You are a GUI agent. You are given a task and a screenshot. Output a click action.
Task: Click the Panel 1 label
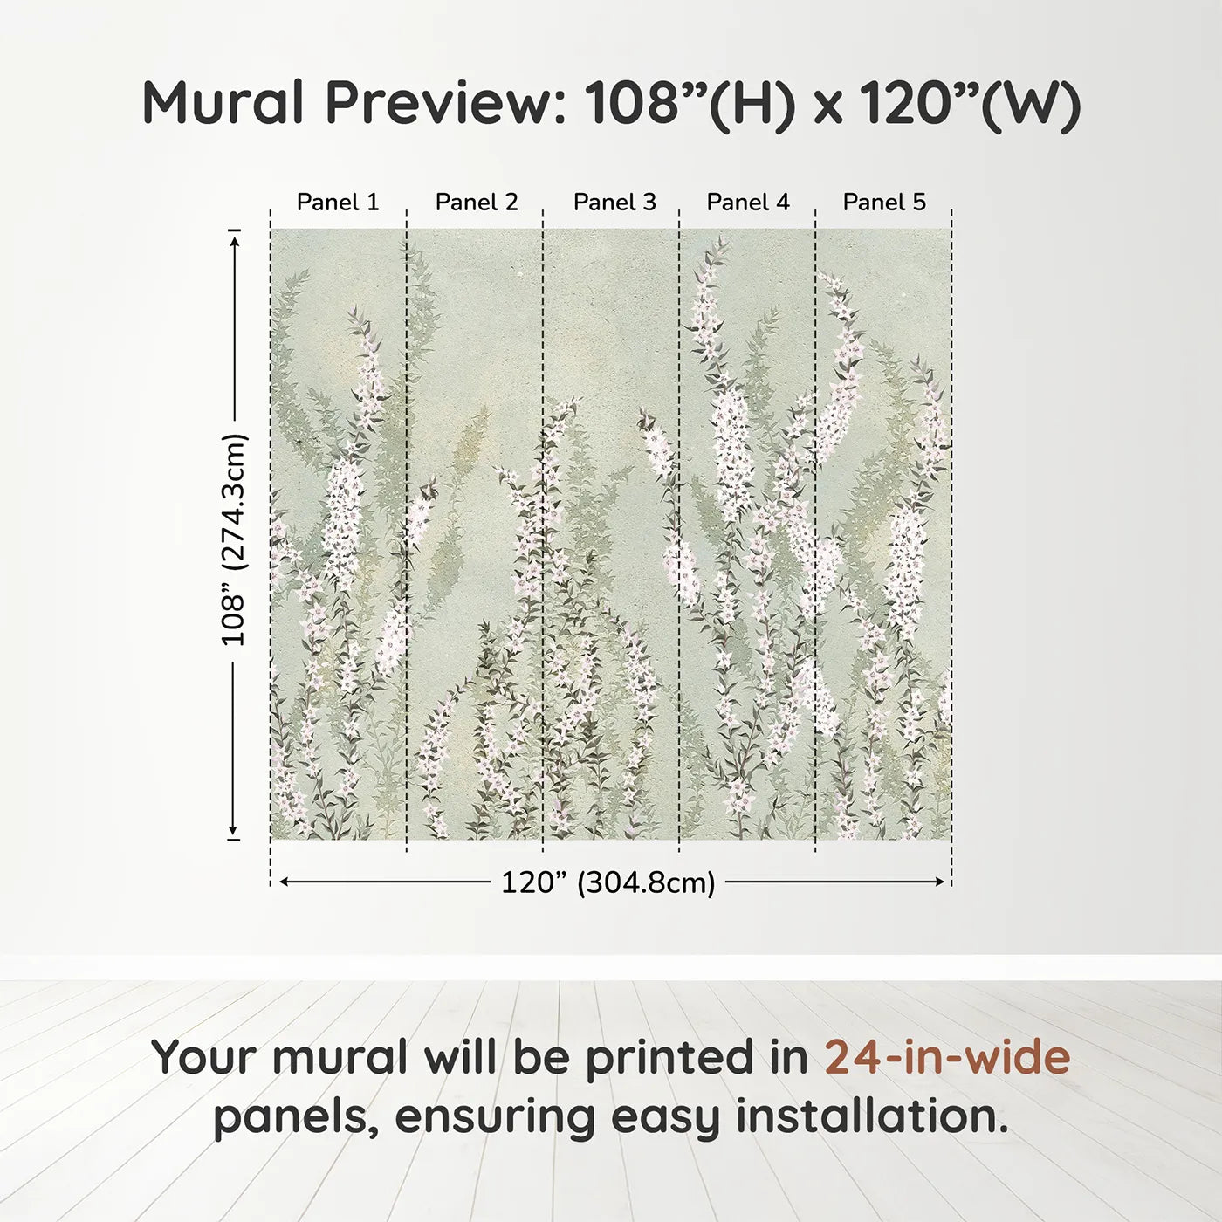(x=338, y=203)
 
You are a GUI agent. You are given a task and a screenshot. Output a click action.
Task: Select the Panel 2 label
(x=477, y=203)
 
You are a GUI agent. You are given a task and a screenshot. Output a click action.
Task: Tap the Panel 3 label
(x=614, y=203)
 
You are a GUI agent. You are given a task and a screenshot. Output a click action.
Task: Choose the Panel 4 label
(x=748, y=203)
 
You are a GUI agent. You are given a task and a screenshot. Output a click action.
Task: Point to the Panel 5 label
(x=884, y=203)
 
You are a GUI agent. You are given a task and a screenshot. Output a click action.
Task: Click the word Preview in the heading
(x=445, y=103)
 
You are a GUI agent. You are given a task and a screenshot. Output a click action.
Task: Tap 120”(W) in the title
(x=969, y=103)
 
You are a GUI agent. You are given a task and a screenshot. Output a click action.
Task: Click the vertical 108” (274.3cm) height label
(x=234, y=539)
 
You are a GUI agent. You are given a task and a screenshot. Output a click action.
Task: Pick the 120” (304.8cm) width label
(x=608, y=882)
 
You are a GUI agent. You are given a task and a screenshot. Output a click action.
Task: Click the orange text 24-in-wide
(x=947, y=1057)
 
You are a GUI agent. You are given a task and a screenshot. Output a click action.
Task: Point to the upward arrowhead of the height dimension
(x=234, y=242)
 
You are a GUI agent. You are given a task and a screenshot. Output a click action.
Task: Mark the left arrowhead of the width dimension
(x=284, y=882)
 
